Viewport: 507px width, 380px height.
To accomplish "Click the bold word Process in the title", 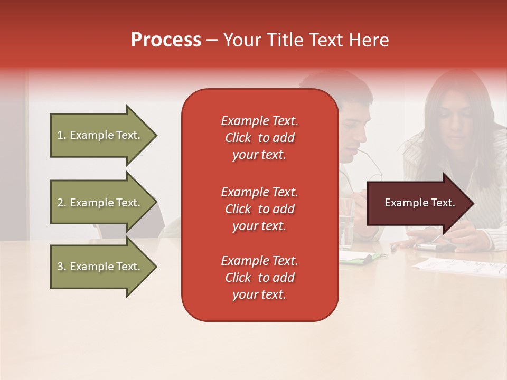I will point(166,40).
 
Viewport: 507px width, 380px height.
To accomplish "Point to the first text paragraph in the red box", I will point(259,138).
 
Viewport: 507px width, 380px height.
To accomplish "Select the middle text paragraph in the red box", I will point(259,209).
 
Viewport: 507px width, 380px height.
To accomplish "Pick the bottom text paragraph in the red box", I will point(259,278).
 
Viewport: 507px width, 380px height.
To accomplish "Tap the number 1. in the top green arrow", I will point(62,135).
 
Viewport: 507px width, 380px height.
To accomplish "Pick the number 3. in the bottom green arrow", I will point(62,267).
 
